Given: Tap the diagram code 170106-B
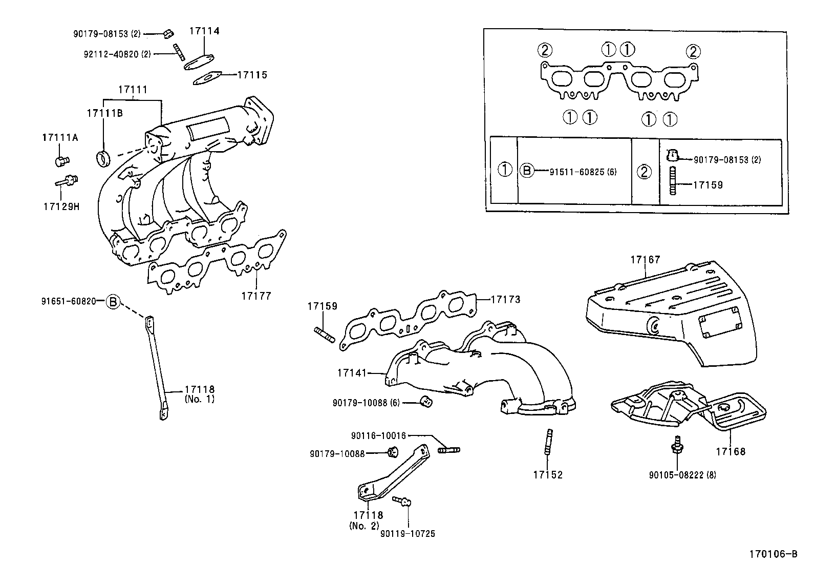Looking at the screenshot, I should click(x=773, y=554).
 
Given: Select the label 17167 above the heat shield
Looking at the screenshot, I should click(x=645, y=260).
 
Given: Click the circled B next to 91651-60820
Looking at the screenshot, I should click(x=113, y=302).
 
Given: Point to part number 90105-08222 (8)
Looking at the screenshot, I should click(x=682, y=475).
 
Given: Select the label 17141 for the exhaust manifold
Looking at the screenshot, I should click(x=352, y=373).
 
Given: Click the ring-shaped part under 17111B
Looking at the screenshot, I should click(x=103, y=158).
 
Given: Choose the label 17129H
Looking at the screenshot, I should click(x=61, y=207).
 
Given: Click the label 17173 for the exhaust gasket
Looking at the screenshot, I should click(x=505, y=299).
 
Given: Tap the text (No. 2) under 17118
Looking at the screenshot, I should click(x=364, y=526).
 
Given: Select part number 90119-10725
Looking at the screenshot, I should click(x=407, y=534).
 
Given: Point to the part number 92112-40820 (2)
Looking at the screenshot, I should click(x=117, y=54).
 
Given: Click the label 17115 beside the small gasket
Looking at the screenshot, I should click(x=252, y=75).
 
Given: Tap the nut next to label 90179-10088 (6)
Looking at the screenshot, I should click(x=426, y=402).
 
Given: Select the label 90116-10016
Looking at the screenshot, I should click(x=378, y=436).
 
